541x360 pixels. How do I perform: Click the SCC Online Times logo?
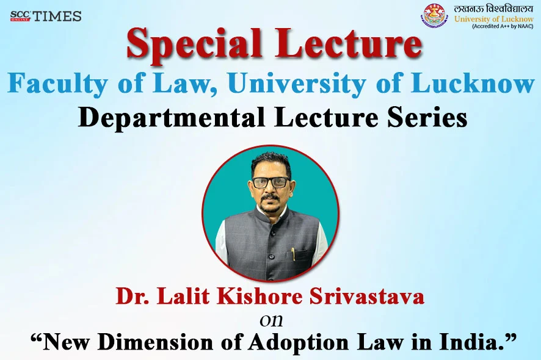click(x=46, y=16)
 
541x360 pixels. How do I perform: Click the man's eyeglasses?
click(x=271, y=182)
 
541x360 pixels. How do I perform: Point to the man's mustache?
click(x=270, y=197)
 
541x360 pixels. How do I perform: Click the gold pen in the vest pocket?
click(x=293, y=254)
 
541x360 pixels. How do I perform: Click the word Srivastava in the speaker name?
click(x=367, y=296)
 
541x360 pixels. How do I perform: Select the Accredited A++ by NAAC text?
click(x=503, y=26)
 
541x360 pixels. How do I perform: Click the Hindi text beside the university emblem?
click(x=493, y=9)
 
